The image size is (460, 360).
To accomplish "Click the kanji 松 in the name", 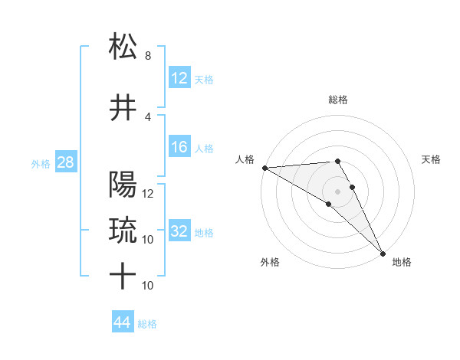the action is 123,47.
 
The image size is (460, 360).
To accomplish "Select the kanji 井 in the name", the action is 123,109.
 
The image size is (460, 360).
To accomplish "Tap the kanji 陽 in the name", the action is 123,185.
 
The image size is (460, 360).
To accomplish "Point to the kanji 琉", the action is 123,231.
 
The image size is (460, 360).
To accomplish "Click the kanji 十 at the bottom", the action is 123,277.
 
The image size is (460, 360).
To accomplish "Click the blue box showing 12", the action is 179,78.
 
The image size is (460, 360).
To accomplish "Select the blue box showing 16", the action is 179,148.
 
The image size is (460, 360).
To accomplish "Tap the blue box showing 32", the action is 179,231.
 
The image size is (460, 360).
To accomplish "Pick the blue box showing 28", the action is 65,162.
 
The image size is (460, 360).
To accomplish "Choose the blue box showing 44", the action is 123,322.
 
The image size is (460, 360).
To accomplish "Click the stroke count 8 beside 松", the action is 147,56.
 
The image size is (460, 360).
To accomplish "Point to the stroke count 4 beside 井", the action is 147,117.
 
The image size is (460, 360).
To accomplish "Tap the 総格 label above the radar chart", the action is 338,100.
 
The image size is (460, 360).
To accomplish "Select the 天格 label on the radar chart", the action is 431,159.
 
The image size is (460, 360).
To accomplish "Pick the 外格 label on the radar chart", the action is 270,262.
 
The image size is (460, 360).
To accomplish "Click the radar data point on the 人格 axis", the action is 264,168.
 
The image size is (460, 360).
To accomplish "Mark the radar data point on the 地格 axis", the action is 383,253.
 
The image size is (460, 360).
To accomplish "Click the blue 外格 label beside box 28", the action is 41,163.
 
